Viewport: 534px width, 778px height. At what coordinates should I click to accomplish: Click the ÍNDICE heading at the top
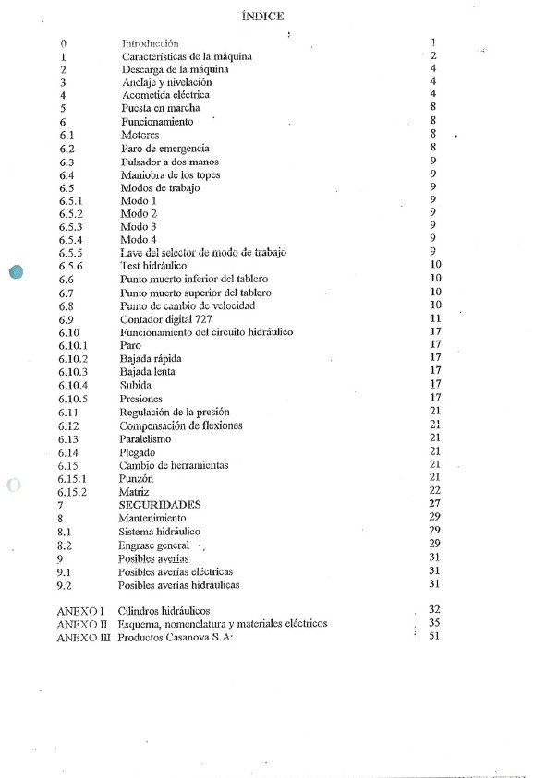coord(262,16)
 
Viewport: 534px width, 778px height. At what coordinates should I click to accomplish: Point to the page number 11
coord(435,318)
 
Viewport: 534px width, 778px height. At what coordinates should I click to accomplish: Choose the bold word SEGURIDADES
coord(160,505)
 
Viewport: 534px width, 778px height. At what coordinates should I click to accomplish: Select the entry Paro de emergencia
coord(165,148)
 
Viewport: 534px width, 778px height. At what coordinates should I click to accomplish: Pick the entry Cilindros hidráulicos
coord(164,611)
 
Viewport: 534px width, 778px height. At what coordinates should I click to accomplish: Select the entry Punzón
coord(136,479)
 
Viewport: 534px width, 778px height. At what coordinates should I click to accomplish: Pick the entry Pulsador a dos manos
coord(170,162)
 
